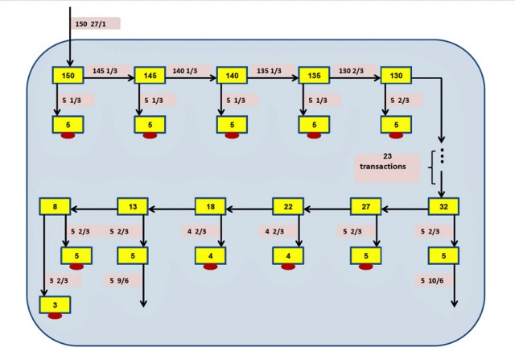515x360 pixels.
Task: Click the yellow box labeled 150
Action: click(x=68, y=75)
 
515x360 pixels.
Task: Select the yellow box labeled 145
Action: click(x=150, y=75)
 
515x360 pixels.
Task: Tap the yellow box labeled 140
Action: click(x=232, y=75)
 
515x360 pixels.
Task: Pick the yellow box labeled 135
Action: click(x=315, y=75)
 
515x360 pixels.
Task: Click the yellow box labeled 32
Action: click(x=443, y=206)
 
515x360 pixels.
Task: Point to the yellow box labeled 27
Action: click(x=365, y=206)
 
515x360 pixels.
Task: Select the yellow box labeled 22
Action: click(x=288, y=206)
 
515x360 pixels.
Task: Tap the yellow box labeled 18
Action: click(x=211, y=206)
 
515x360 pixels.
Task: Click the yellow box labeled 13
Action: click(x=133, y=206)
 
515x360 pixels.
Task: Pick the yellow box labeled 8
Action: click(x=55, y=206)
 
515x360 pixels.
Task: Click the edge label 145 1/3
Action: click(x=106, y=70)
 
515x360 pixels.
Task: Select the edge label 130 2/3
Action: click(x=352, y=70)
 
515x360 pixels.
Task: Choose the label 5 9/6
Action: click(x=122, y=280)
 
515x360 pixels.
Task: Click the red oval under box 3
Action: click(x=56, y=316)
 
